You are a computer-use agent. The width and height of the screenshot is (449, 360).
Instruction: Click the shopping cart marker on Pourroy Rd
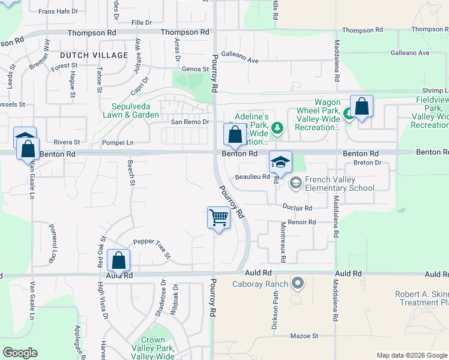(219, 218)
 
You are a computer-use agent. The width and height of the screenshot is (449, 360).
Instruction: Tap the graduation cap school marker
(280, 161)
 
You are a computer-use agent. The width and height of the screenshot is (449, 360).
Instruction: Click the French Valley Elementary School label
(339, 184)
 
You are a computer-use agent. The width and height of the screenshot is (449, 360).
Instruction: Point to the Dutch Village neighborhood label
(94, 55)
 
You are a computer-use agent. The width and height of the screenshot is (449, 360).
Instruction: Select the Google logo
(20, 353)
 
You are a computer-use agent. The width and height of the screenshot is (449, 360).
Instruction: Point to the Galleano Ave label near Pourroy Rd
(240, 61)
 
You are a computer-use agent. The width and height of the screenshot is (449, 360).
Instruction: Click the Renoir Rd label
(302, 222)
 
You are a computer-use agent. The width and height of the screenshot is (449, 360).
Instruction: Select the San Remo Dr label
(189, 122)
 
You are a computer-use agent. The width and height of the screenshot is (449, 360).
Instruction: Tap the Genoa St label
(195, 69)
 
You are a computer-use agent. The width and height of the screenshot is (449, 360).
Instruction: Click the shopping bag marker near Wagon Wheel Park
(361, 106)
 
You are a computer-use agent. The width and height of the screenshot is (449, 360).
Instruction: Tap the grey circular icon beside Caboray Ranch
(297, 282)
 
